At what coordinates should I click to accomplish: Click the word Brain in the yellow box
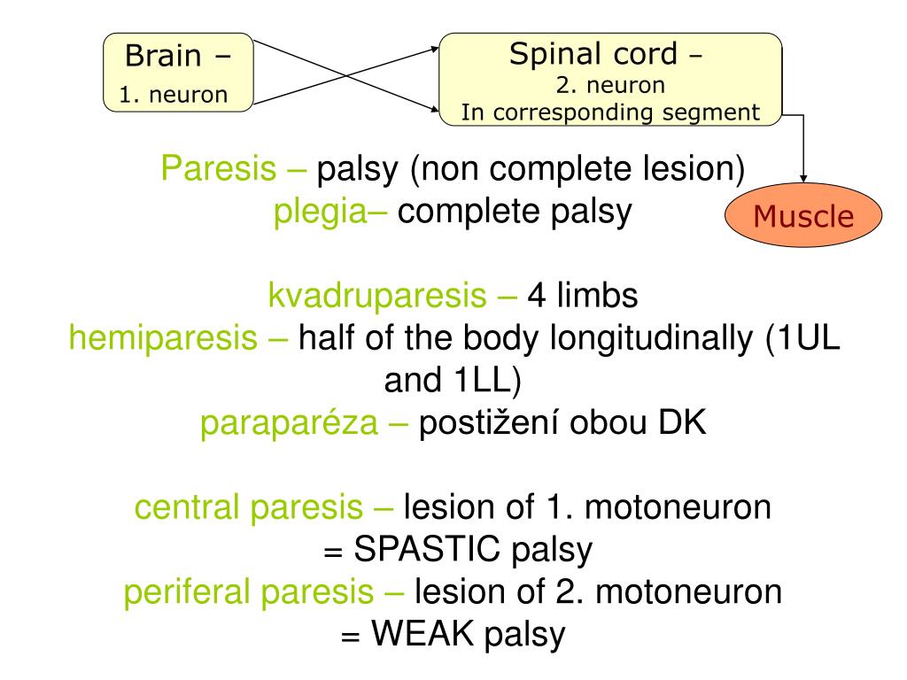click(x=163, y=56)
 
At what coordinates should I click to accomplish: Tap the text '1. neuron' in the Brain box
click(x=173, y=94)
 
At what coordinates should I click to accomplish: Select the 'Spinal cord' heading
click(x=593, y=54)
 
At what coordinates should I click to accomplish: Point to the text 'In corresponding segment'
click(x=610, y=112)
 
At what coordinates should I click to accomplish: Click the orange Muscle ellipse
click(x=803, y=215)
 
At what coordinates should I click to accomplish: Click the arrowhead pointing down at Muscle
click(x=803, y=179)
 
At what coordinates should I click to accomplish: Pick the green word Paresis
click(x=218, y=168)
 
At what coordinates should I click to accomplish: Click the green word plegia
click(x=320, y=212)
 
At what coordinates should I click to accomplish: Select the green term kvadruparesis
click(x=377, y=296)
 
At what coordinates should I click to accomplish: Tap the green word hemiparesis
click(x=163, y=338)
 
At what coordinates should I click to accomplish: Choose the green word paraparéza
click(x=289, y=423)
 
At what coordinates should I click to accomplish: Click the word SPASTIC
click(x=427, y=549)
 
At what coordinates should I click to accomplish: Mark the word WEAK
click(x=422, y=633)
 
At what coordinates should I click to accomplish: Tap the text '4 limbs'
click(x=583, y=296)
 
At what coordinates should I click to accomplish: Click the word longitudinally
click(x=652, y=338)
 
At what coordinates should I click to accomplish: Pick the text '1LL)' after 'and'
click(x=488, y=381)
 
